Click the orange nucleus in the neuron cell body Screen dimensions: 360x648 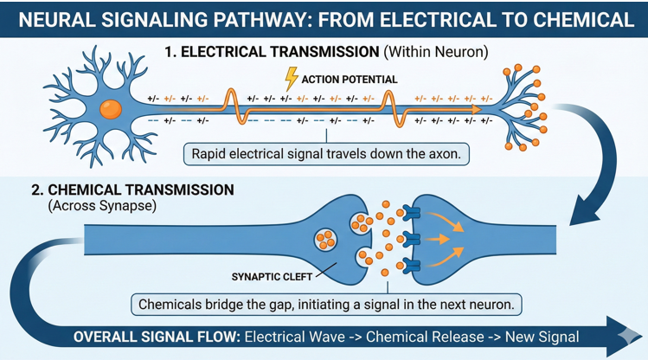coord(110,109)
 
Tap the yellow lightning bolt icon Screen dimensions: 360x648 coord(292,80)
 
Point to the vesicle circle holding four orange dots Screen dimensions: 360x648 coord(327,237)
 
